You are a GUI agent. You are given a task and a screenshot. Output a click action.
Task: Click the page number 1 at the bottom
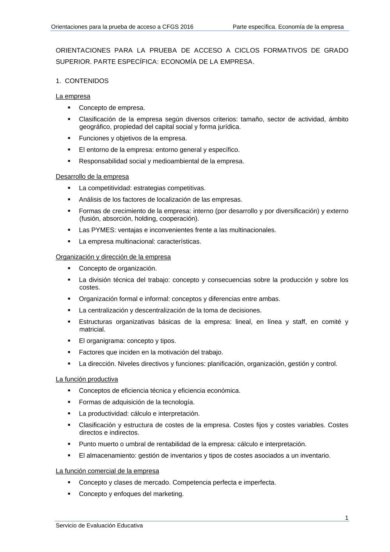[x=347, y=518]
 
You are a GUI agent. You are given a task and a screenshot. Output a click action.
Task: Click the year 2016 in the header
[x=187, y=27]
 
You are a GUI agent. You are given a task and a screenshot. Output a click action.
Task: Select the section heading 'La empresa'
[x=73, y=96]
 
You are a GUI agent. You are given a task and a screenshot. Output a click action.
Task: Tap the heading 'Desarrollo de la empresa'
[x=92, y=177]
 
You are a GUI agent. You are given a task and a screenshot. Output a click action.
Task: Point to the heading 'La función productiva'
[x=87, y=379]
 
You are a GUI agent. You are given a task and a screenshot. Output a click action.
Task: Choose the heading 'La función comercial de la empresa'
[x=107, y=471]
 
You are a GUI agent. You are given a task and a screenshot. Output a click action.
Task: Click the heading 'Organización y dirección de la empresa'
[x=113, y=257]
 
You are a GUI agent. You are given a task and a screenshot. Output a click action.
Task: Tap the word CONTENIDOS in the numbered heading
[x=87, y=81]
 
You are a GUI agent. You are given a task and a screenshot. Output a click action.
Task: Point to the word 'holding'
[x=145, y=218]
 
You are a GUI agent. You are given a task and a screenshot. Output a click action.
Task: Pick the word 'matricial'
[x=92, y=329]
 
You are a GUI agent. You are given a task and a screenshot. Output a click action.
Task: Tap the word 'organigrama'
[x=106, y=341]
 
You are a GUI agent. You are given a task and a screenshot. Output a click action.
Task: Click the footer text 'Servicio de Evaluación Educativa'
[x=99, y=525]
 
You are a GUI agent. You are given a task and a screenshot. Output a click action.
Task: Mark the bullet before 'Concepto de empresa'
[x=69, y=107]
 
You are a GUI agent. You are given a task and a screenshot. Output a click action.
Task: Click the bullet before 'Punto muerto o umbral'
[x=69, y=444]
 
